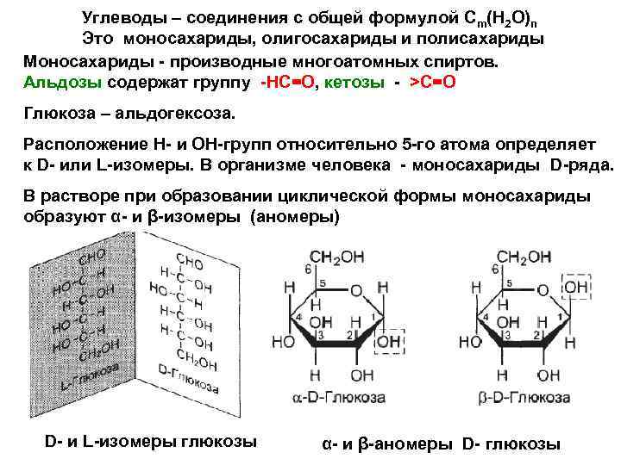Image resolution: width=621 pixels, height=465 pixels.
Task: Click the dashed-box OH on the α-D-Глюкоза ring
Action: click(389, 343)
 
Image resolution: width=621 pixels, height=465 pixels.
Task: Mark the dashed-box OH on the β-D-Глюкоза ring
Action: click(577, 286)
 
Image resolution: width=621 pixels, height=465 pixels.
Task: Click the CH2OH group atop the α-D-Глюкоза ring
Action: click(335, 257)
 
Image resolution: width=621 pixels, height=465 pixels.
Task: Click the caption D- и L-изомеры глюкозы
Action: click(150, 442)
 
